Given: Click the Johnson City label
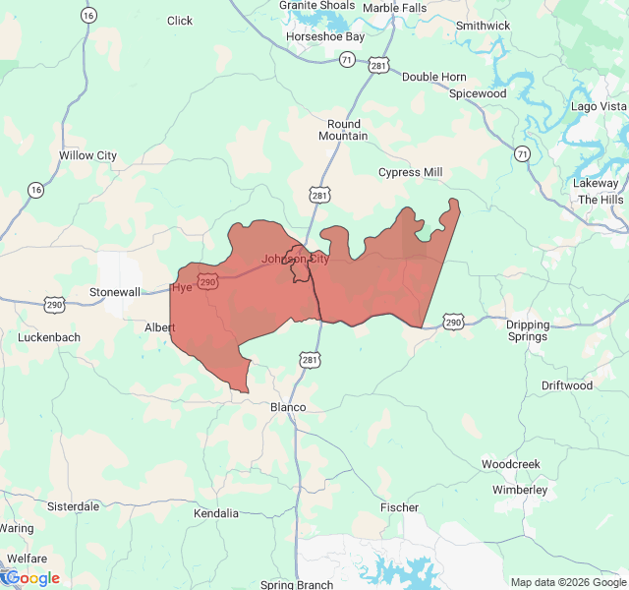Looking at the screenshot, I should [x=295, y=259].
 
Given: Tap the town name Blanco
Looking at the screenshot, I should [x=288, y=407].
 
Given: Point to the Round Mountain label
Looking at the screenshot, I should [x=344, y=130].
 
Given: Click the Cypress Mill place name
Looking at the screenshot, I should [x=411, y=172].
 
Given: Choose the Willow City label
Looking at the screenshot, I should [x=87, y=155].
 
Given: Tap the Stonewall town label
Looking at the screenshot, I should [x=115, y=292].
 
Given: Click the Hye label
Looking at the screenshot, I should [x=182, y=288].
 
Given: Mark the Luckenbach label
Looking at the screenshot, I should [x=49, y=337].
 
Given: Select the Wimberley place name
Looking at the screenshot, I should [x=520, y=490].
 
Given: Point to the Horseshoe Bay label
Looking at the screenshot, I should [x=324, y=36].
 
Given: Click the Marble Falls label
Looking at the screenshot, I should [x=394, y=8].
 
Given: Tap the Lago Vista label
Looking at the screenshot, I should [x=599, y=106].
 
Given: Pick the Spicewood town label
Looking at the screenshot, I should [x=478, y=93].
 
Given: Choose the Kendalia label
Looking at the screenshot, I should [x=216, y=513].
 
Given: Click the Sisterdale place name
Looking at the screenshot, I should [x=74, y=506].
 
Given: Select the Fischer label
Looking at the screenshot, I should [x=399, y=507].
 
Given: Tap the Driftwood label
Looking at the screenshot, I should [x=567, y=385].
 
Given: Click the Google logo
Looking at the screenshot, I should [x=31, y=578].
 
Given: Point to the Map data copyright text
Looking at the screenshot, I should [x=568, y=582].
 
